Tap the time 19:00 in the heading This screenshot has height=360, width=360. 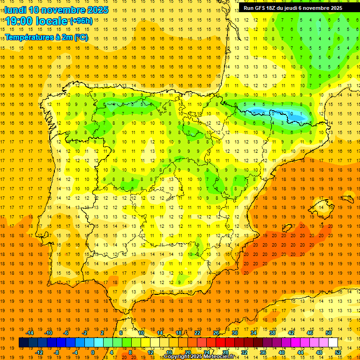click(x=21, y=21)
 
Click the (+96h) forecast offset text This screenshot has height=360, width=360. click(x=81, y=21)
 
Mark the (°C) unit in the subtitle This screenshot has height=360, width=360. click(x=81, y=37)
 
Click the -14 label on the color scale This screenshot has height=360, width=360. click(x=30, y=333)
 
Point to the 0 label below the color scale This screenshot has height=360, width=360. click(x=92, y=352)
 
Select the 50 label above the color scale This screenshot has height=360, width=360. click(x=328, y=333)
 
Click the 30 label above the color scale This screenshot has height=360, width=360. click(x=234, y=333)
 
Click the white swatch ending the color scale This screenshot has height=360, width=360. click(x=333, y=343)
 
